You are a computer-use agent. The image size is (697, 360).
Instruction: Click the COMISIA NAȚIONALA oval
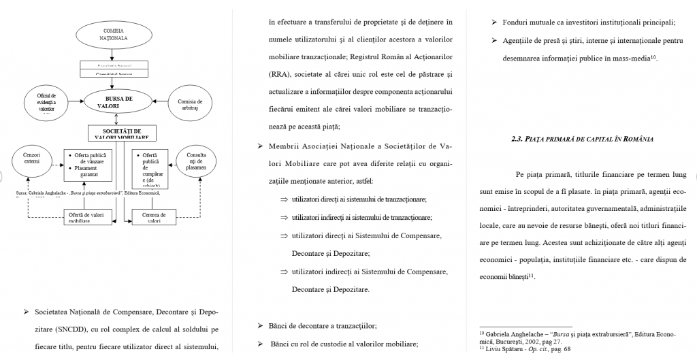point(114,35)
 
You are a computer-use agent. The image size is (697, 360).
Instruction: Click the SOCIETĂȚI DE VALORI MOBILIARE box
point(122,133)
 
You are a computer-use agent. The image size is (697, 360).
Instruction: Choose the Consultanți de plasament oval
point(196,163)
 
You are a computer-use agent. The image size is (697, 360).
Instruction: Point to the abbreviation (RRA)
point(285,73)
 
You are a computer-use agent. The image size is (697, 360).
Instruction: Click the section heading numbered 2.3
point(582,140)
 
